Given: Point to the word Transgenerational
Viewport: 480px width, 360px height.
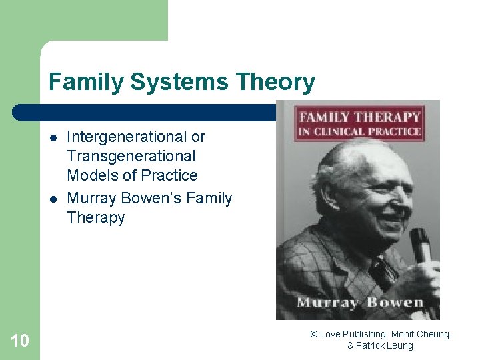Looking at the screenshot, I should pyautogui.click(x=131, y=156).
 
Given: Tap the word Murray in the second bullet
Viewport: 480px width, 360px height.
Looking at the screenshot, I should pyautogui.click(x=91, y=198).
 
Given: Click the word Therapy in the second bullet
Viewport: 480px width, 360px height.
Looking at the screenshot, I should pyautogui.click(x=95, y=217).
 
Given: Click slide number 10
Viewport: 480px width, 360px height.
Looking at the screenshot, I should pyautogui.click(x=20, y=341).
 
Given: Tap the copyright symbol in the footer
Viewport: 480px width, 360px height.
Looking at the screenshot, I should pyautogui.click(x=313, y=334).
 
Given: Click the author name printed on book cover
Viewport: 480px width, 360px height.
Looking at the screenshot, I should pyautogui.click(x=360, y=303).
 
